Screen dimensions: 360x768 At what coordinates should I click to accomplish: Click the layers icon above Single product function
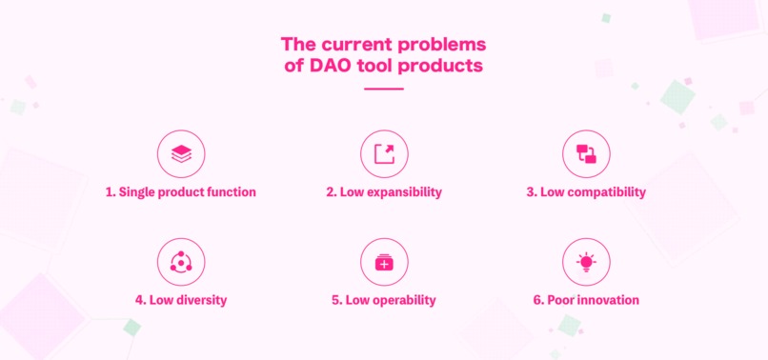[180, 153]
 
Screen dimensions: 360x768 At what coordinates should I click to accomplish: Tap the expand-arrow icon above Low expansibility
[384, 153]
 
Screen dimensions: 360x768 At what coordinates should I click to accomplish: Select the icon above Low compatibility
[586, 153]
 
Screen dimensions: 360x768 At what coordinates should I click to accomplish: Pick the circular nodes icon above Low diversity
[180, 262]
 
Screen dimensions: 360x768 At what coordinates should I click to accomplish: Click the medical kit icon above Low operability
[384, 262]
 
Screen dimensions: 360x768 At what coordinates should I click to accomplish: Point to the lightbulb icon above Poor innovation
[586, 262]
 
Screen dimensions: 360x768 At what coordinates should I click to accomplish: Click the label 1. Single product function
[180, 192]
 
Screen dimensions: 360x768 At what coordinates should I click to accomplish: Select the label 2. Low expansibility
[384, 192]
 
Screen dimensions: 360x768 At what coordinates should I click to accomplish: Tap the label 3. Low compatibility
[586, 192]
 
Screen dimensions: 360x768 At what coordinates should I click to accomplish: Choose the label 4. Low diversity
[180, 300]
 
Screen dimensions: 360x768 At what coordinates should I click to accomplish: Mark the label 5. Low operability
[384, 300]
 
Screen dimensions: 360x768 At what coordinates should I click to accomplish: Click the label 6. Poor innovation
[586, 300]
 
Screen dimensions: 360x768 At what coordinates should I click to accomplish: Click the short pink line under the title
[384, 89]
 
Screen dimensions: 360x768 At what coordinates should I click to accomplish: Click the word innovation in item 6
[605, 300]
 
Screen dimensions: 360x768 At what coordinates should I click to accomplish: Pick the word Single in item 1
[138, 192]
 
